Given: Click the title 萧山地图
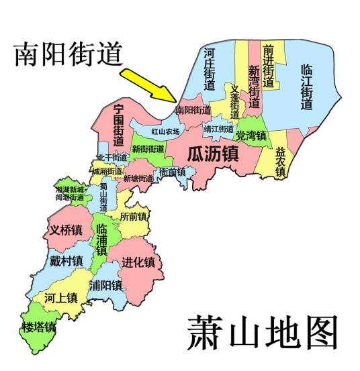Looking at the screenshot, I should [261, 331].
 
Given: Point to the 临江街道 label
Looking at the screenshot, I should [307, 87].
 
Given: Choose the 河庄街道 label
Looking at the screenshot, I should [210, 69].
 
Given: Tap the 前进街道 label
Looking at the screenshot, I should [269, 66].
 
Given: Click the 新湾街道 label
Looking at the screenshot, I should [253, 87].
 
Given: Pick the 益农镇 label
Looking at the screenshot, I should [281, 162].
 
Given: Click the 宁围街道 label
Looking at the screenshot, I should [119, 125].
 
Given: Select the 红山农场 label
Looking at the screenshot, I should [165, 131].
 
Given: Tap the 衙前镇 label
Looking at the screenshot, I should [172, 172].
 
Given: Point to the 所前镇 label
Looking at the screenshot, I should [133, 217].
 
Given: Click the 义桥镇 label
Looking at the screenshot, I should [65, 229].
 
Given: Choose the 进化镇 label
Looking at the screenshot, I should [138, 262].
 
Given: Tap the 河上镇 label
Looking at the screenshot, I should [61, 297].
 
